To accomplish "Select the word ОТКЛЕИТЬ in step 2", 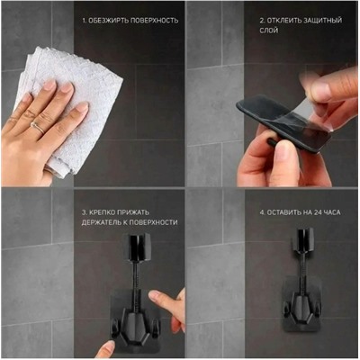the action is pos(283,21).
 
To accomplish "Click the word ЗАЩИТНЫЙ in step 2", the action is pos(322,21).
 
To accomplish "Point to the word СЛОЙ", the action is pos(269,31).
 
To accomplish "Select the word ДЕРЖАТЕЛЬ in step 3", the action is pos(102,222).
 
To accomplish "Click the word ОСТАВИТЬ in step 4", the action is pos(283,212).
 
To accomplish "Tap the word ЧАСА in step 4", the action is pos(332,212).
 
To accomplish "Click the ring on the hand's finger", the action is pos(38,128).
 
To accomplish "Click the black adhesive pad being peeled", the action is pos(282,123).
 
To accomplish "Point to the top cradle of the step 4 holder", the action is pos(304,238).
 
